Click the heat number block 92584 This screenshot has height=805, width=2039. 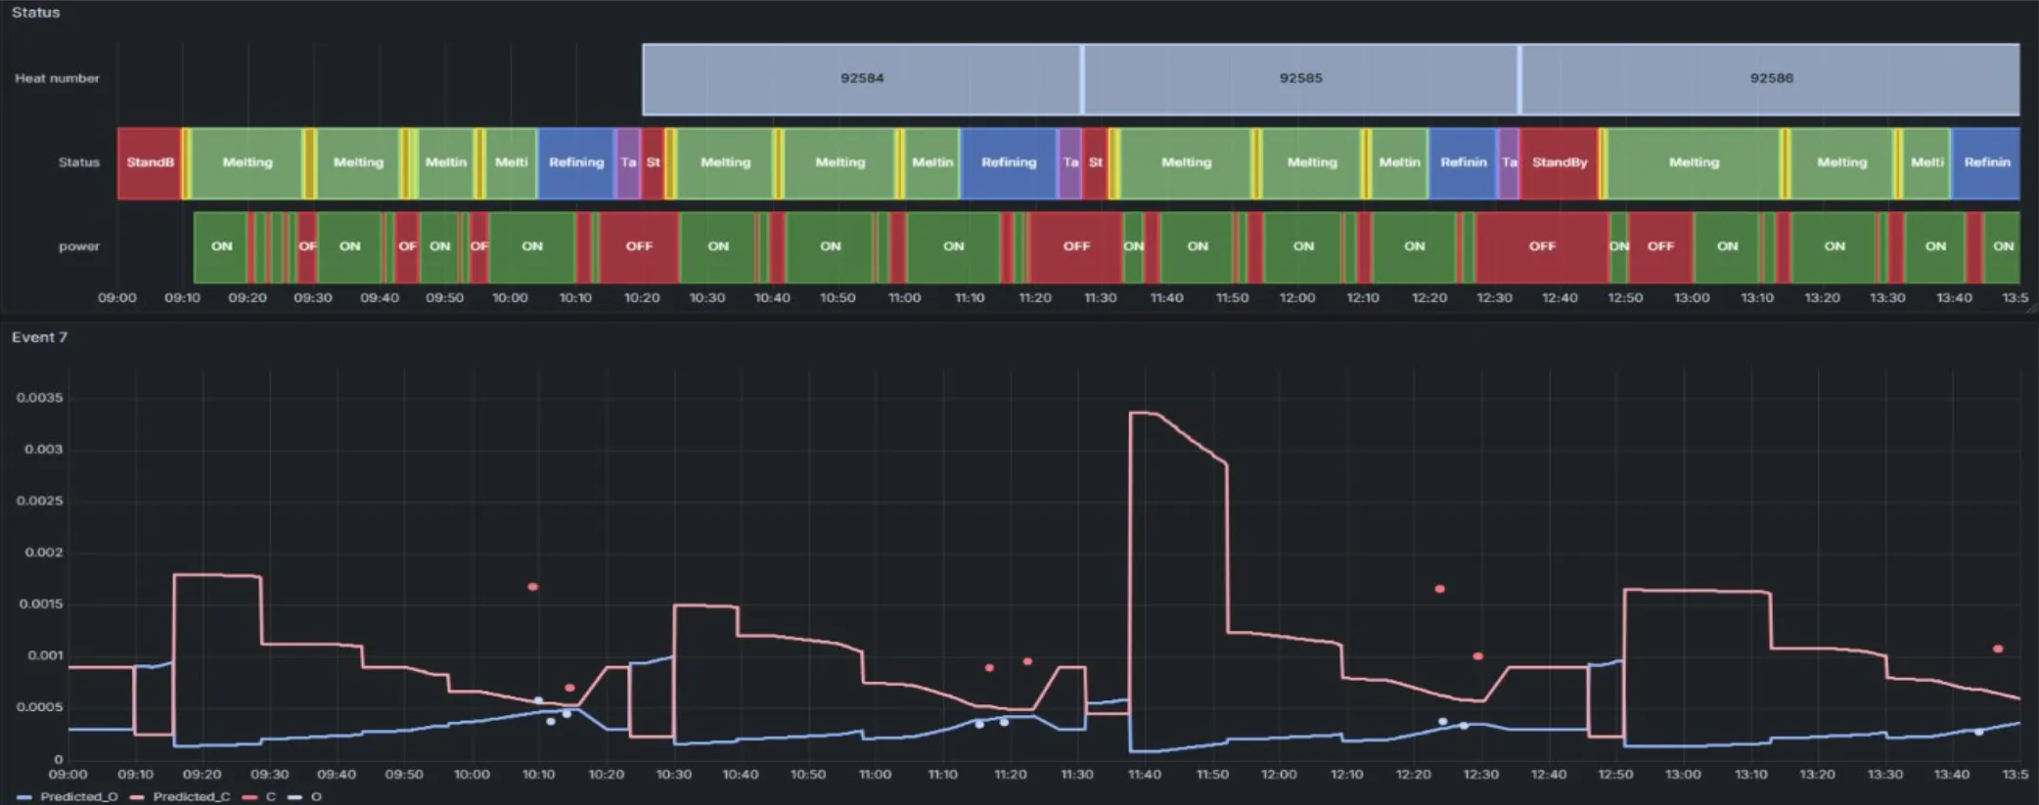861,78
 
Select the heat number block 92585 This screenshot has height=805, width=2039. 1300,78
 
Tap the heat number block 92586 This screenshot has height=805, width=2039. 1771,78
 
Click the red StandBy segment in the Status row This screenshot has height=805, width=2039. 1559,162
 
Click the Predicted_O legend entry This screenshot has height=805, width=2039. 68,796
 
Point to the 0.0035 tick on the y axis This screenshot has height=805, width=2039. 39,398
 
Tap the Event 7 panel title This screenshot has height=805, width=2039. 39,337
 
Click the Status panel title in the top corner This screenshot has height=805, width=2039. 35,13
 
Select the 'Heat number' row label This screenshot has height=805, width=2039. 57,78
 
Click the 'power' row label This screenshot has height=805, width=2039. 78,246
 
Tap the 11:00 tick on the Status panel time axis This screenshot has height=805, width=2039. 904,297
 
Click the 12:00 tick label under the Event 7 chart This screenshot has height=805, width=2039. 1279,775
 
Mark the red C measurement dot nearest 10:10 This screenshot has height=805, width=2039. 532,587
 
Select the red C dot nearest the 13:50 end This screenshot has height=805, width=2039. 1997,648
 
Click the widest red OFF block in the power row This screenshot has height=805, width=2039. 1541,246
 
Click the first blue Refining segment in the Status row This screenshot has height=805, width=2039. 575,162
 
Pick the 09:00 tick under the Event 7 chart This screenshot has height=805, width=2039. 68,775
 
